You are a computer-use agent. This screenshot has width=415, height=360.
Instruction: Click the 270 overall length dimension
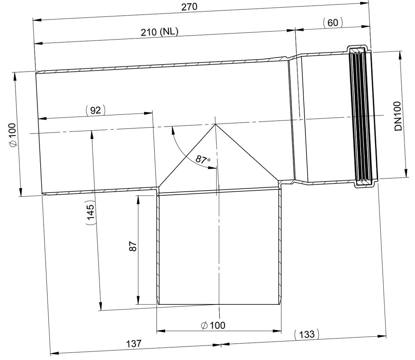(189, 7)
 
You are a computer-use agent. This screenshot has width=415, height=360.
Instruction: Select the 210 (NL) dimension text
(159, 32)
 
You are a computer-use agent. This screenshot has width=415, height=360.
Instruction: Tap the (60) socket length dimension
(333, 23)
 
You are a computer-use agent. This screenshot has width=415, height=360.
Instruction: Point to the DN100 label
(398, 116)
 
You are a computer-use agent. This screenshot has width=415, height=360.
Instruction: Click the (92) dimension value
(95, 110)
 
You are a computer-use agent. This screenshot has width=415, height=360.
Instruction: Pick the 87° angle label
(202, 160)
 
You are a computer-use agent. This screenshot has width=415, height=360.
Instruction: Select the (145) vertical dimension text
(90, 212)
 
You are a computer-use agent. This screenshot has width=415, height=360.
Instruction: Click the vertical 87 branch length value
(133, 246)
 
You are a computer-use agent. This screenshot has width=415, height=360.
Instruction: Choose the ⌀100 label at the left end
(12, 135)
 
